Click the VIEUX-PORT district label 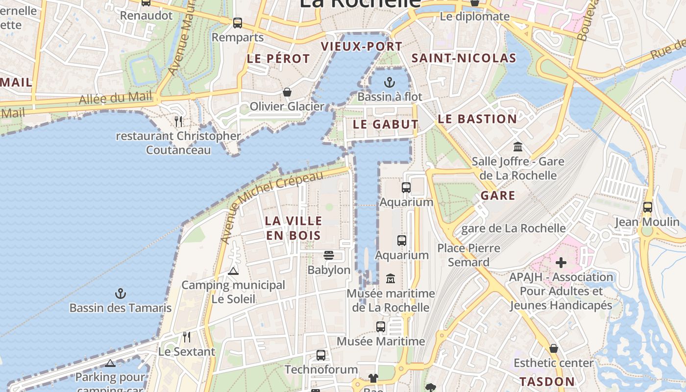tap(362, 47)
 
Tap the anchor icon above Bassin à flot tap(390, 82)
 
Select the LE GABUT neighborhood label tap(386, 124)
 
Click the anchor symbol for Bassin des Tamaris tap(121, 294)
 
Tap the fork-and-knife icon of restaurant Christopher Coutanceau tap(179, 121)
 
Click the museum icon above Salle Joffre tap(518, 147)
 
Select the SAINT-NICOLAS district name tap(464, 58)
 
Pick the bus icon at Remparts tap(238, 23)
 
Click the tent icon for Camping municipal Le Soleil tap(233, 270)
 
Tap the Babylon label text tap(329, 270)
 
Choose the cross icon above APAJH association tap(561, 263)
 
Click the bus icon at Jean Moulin tap(648, 207)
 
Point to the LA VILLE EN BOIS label tap(294, 228)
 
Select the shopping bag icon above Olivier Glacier tap(287, 92)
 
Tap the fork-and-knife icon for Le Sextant tap(186, 337)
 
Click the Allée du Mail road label tap(116, 98)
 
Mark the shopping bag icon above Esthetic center tap(554, 348)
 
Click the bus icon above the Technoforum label tap(321, 355)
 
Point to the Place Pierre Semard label tap(469, 255)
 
